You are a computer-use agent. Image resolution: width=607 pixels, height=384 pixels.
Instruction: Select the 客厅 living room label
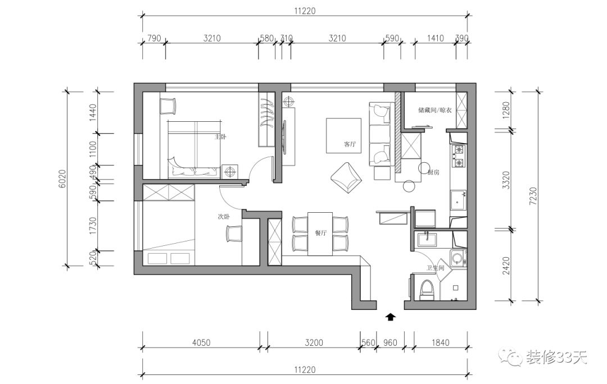tap(350, 144)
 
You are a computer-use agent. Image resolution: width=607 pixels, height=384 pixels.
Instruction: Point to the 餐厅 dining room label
tap(321, 234)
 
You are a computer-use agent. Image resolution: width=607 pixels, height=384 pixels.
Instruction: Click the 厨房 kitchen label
tap(433, 172)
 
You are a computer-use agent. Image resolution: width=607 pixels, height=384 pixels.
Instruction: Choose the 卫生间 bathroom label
tap(436, 269)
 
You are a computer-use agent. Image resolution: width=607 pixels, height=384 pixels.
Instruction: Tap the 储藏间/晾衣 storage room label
tap(435, 110)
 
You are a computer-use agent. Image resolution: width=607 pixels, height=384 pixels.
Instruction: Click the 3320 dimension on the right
tap(506, 180)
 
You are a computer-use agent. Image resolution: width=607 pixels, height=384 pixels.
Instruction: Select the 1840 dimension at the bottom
tap(440, 342)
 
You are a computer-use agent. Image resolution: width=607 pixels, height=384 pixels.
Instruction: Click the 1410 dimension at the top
tap(435, 39)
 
